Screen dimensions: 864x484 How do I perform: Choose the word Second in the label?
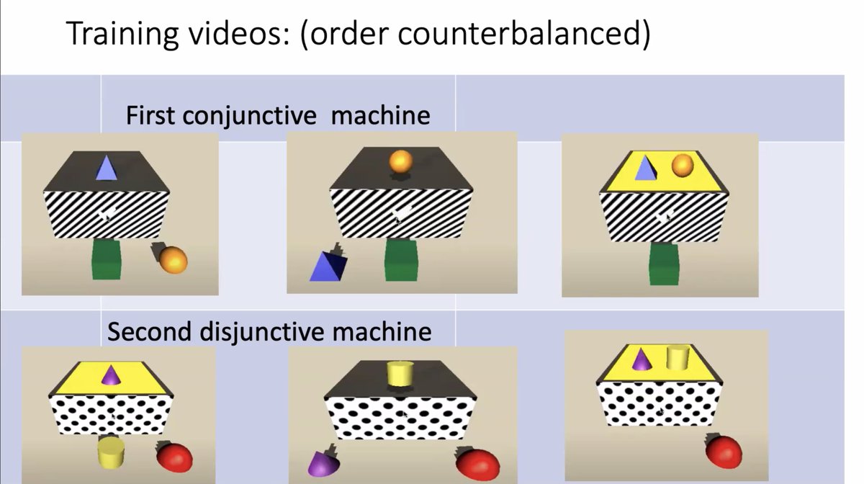click(x=150, y=331)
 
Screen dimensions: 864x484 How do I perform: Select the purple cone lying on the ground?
click(x=319, y=463)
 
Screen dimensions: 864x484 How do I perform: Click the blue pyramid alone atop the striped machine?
click(x=106, y=169)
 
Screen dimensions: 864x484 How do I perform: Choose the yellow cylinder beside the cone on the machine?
click(x=678, y=357)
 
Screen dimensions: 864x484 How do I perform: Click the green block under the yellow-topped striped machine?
click(x=664, y=264)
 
